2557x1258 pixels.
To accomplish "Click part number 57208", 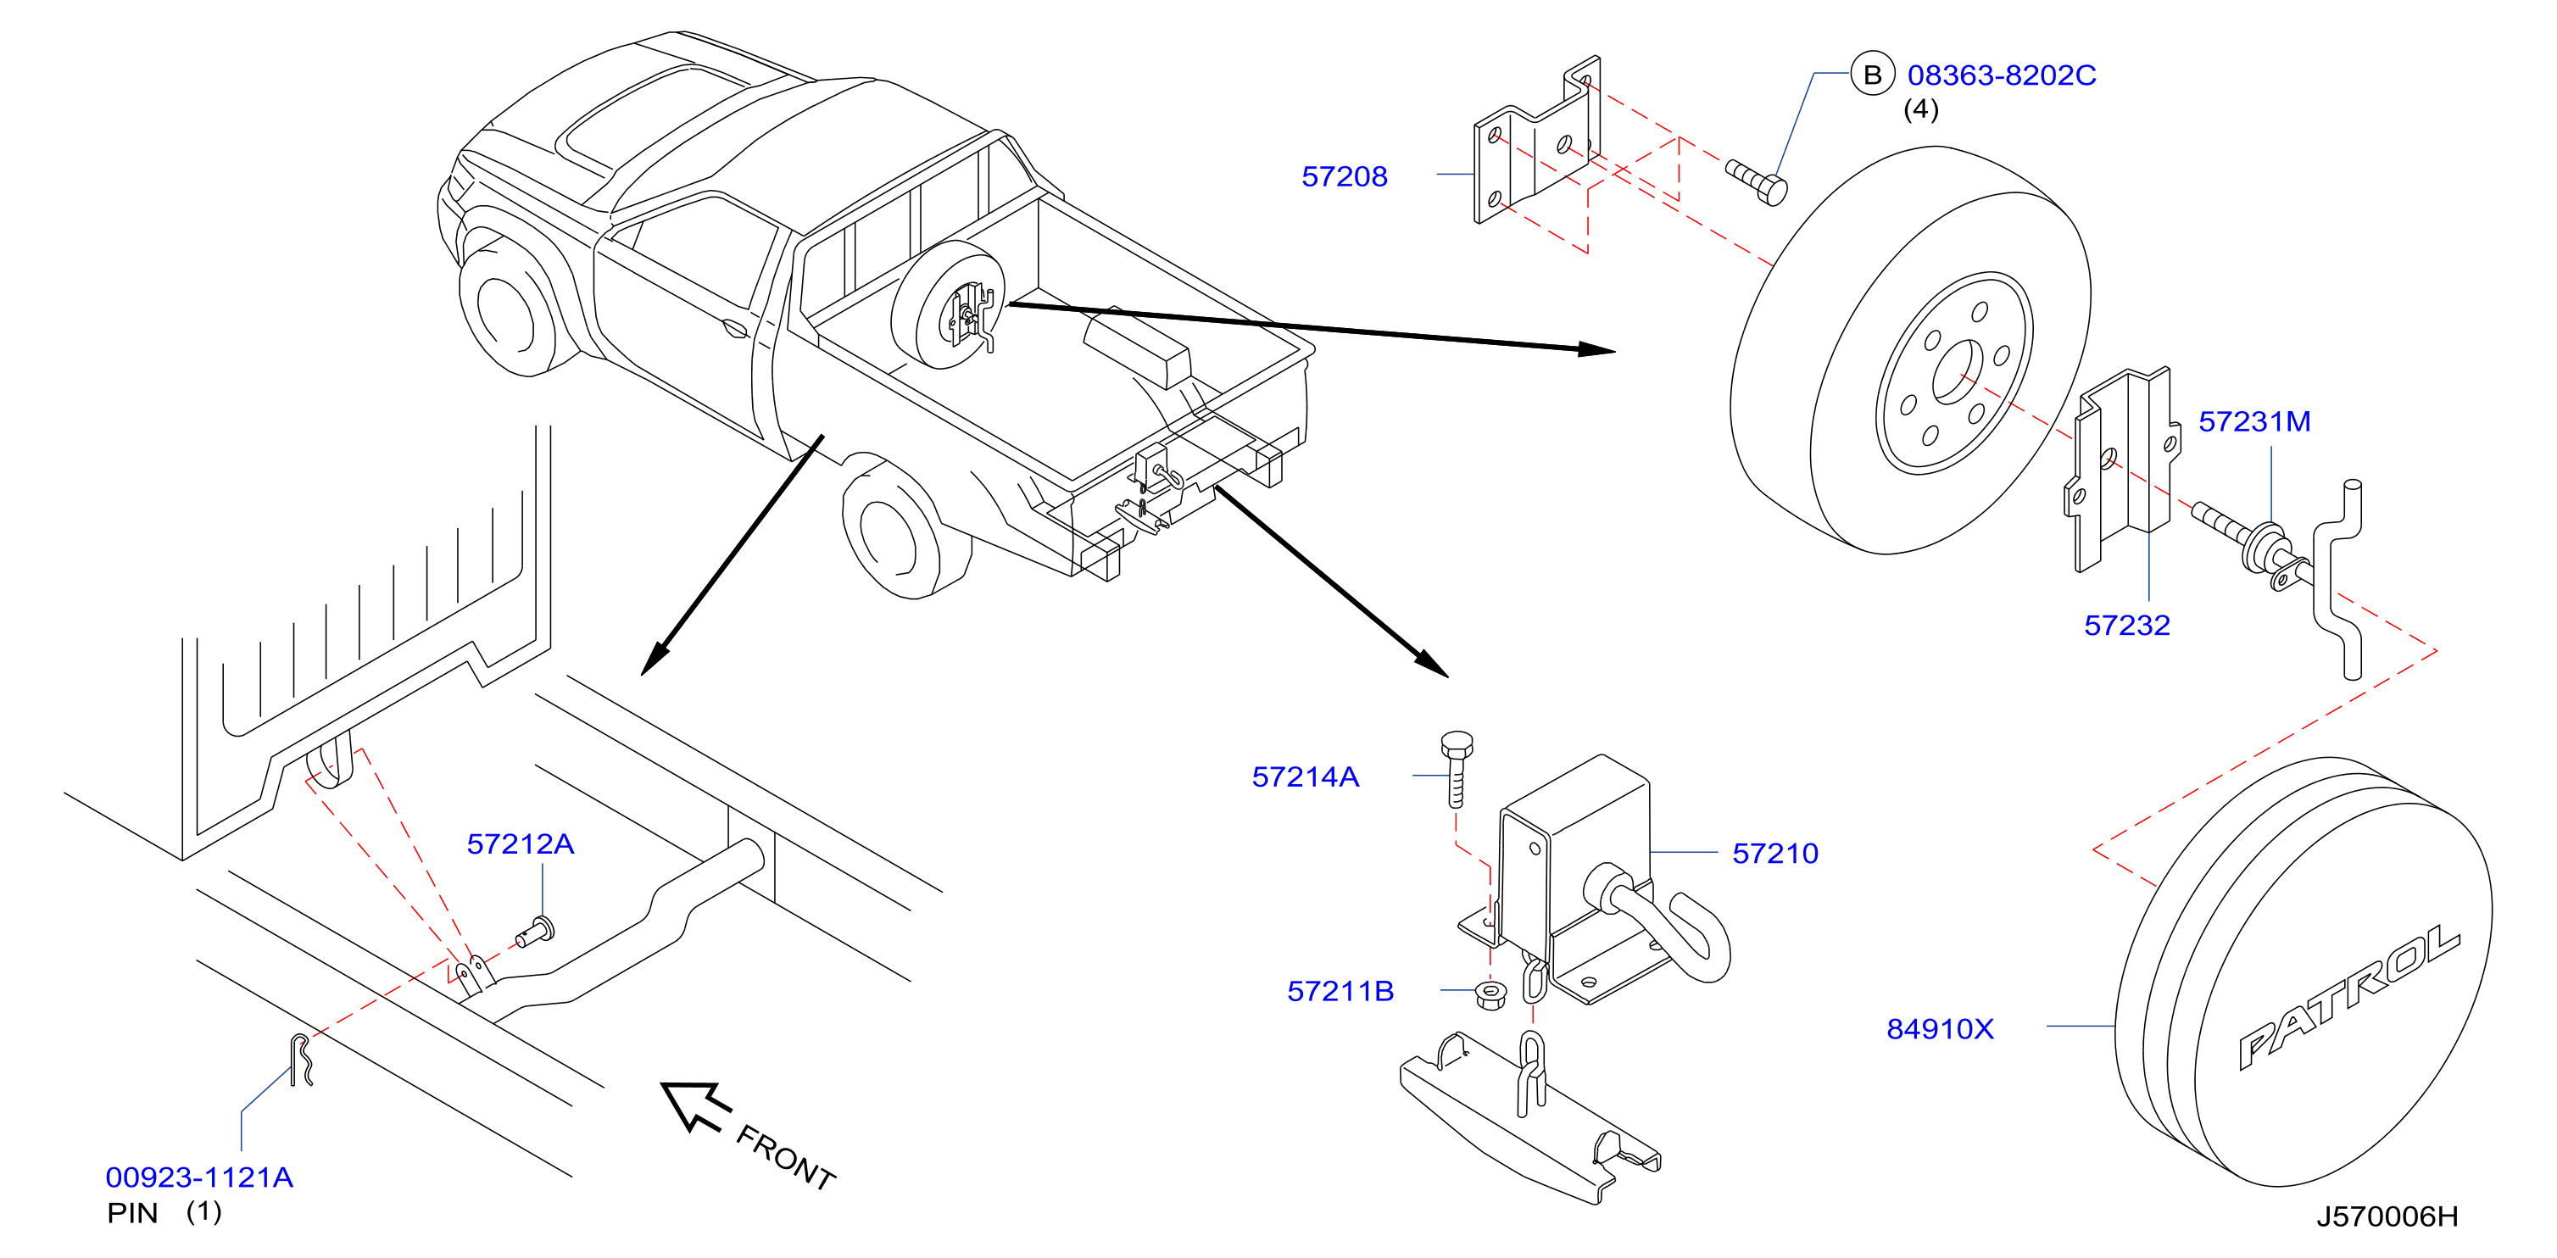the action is pos(1344,176).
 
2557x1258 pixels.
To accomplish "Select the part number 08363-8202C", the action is pos(2001,75).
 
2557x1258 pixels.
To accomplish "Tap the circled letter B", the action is pos(1872,75).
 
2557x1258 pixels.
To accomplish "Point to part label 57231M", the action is pos(2254,421).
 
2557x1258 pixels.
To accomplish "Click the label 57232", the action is pos(2126,625).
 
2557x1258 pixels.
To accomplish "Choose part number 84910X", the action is pos(1940,1029).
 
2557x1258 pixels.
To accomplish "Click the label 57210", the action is pos(1774,853).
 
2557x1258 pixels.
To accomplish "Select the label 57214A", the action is pos(1306,777).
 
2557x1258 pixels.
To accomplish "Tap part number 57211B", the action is pos(1340,991).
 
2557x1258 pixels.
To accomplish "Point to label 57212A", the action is pos(521,844).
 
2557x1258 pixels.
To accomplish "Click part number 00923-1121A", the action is pos(199,1177).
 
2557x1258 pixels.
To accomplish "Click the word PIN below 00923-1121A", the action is pos(133,1213).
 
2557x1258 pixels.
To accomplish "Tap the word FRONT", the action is pos(785,1158).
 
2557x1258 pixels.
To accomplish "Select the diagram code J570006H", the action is pos(2387,1216).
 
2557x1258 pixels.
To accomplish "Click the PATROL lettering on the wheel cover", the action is pos(2349,996).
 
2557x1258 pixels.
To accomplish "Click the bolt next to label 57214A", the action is pos(1457,769).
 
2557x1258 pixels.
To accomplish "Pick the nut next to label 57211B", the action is pos(1490,994).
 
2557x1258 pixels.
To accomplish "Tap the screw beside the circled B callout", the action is pos(1756,181).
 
